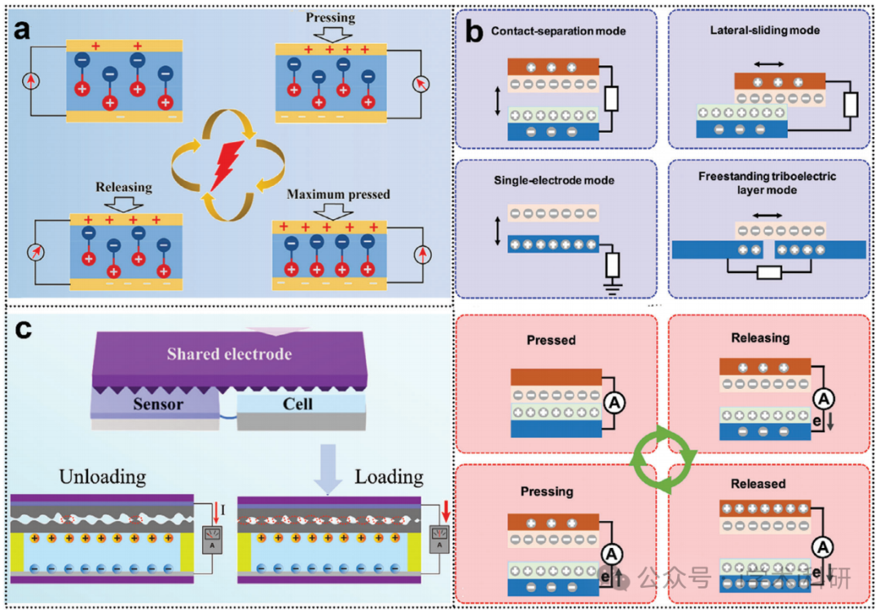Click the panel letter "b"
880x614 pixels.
(473, 33)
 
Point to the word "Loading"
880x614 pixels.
(389, 475)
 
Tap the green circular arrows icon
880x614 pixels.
(665, 462)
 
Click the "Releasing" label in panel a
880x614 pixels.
(123, 187)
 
